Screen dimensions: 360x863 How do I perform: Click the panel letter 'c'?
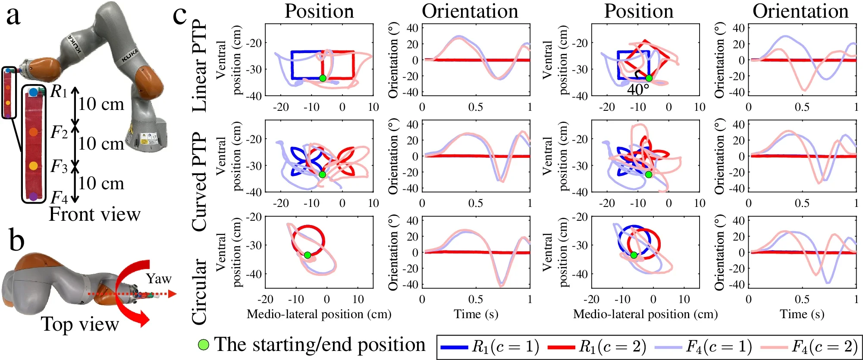click(x=179, y=16)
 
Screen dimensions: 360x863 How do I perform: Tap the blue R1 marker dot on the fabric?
click(x=34, y=92)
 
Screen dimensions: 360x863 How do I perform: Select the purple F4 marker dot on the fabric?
click(x=34, y=197)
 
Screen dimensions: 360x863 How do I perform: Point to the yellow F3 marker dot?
click(x=34, y=166)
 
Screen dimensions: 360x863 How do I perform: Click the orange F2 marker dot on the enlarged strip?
click(x=34, y=132)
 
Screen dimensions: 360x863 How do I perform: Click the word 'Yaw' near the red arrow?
click(x=158, y=279)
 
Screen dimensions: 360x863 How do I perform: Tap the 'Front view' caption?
click(x=94, y=214)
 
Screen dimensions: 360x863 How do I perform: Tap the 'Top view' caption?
click(x=80, y=324)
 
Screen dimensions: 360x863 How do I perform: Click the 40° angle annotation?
click(x=638, y=89)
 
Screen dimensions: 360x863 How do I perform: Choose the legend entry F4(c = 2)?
click(x=809, y=347)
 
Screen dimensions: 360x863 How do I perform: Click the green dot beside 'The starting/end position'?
click(x=203, y=344)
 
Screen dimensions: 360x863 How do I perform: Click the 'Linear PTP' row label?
click(x=199, y=66)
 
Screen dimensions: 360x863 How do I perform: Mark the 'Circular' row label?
click(x=199, y=291)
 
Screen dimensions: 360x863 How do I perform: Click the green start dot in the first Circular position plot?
click(x=308, y=255)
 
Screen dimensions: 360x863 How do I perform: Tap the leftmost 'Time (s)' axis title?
click(x=476, y=314)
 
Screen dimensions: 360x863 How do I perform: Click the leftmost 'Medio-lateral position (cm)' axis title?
click(x=319, y=314)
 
